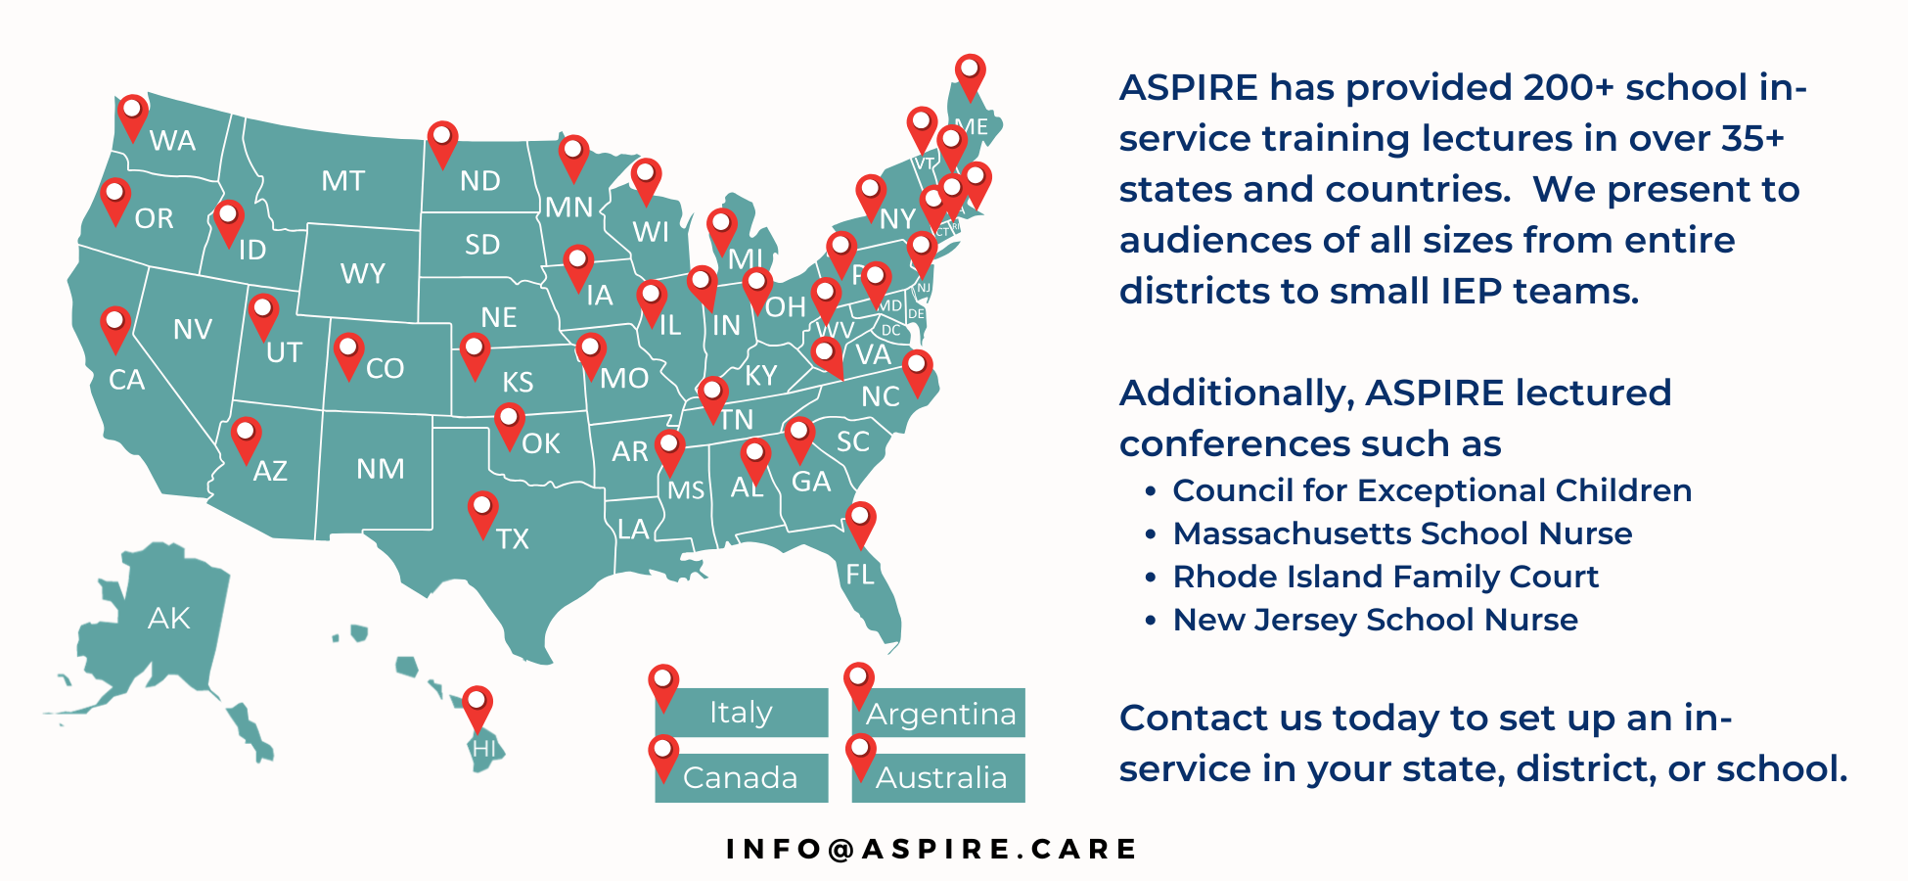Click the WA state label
(x=172, y=141)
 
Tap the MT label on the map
(x=342, y=181)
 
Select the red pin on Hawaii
(x=477, y=706)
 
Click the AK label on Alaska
(x=168, y=619)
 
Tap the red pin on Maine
(x=970, y=73)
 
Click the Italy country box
(x=741, y=713)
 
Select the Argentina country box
(x=940, y=714)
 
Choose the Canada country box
(x=741, y=777)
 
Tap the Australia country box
(x=940, y=777)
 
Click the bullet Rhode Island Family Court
(x=1386, y=577)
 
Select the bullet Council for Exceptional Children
(x=1431, y=490)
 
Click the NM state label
(x=380, y=470)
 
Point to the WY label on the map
(x=362, y=274)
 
